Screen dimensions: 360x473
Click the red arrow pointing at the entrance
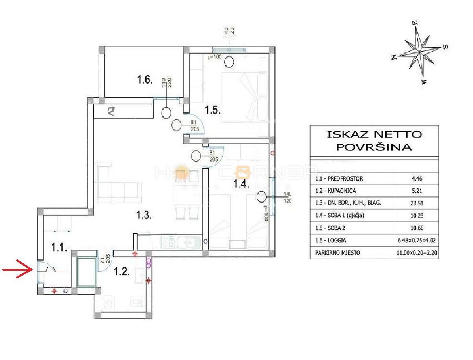(18, 270)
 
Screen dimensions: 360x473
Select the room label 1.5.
(212, 109)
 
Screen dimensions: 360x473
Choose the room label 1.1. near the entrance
(60, 248)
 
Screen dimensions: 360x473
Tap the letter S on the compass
(445, 47)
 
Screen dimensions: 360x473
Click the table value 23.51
(417, 203)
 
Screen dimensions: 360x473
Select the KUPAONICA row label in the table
(336, 191)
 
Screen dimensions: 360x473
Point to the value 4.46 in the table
(417, 179)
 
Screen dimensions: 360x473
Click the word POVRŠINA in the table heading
(374, 147)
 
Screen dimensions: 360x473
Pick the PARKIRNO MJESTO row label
(338, 252)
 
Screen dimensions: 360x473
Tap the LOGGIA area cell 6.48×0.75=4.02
(417, 240)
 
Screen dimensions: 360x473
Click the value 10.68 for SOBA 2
(417, 228)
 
